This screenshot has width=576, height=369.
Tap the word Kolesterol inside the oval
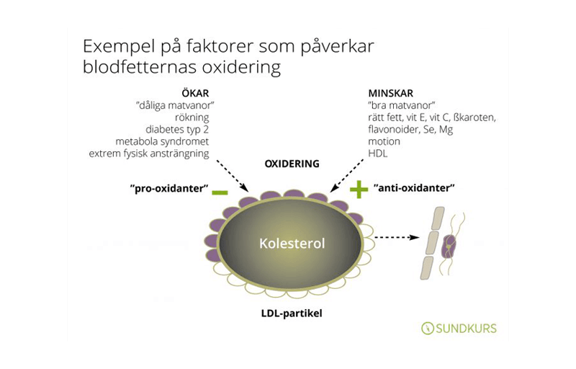pos(292,244)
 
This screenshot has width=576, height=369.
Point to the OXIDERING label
pos(292,164)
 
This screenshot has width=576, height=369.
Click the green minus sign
pos(220,192)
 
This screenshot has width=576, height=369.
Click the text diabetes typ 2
pos(176,130)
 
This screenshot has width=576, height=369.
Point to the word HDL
pos(377,154)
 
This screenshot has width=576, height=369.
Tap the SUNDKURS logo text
pos(467,329)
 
